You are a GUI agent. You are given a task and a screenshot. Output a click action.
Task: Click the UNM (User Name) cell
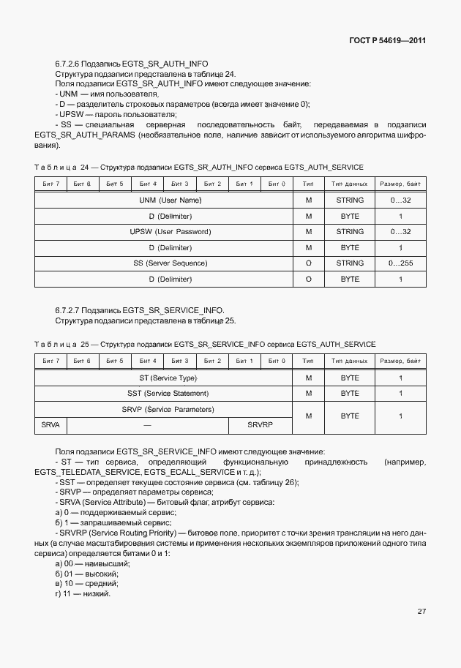pos(170,200)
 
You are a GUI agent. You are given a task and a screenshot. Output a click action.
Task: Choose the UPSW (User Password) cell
pos(170,231)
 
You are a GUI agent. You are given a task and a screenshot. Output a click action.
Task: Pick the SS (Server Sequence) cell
pos(170,263)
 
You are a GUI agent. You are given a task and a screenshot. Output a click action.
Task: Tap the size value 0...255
pos(400,263)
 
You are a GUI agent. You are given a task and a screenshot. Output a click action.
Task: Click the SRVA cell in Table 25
pos(50,424)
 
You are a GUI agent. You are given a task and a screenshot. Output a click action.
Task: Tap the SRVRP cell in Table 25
pos(259,424)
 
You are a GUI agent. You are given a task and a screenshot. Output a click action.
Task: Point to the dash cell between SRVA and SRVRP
pos(147,424)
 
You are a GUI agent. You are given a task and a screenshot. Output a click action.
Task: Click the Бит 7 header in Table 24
pos(51,184)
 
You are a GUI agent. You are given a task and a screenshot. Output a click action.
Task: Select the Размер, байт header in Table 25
pos(400,361)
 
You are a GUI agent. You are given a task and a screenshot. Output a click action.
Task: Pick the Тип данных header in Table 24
pos(350,184)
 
